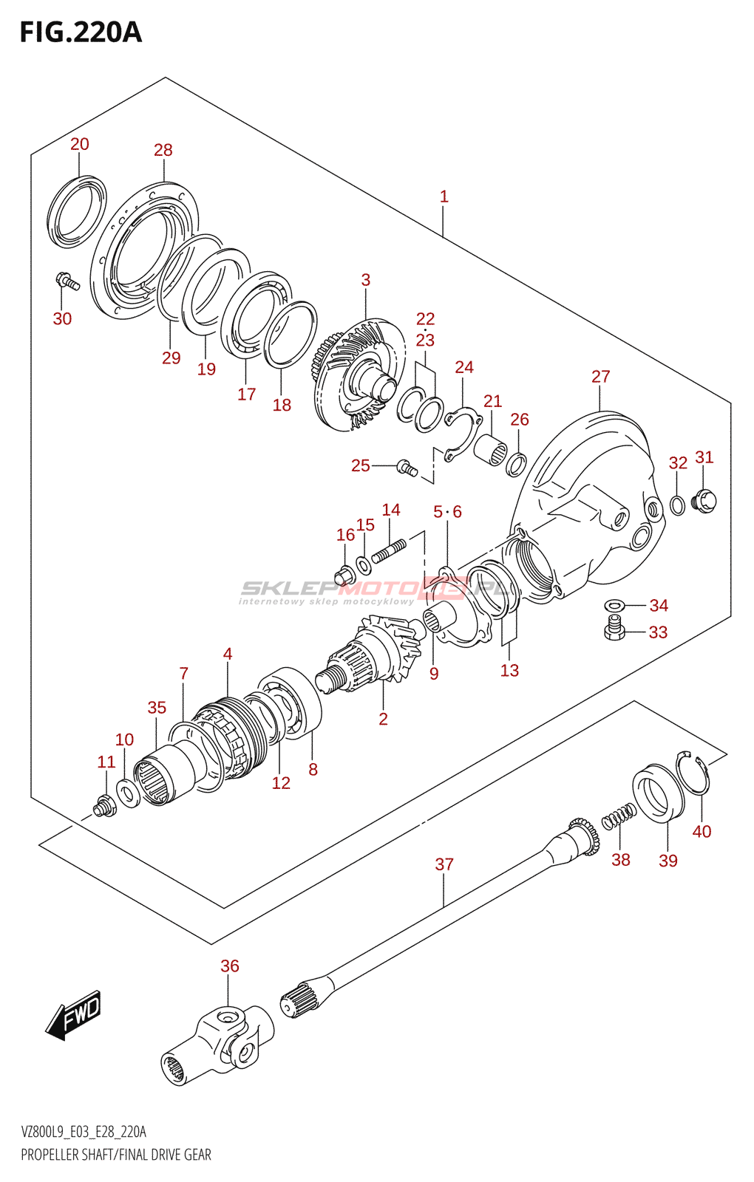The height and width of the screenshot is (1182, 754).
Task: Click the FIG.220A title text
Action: click(x=81, y=33)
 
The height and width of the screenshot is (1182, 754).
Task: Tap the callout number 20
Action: click(x=79, y=144)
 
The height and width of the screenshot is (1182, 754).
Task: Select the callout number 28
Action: click(x=163, y=150)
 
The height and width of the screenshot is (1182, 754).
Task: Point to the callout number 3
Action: click(x=366, y=280)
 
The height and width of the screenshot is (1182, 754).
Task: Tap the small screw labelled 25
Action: click(x=407, y=468)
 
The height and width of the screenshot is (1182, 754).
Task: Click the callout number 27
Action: click(x=601, y=376)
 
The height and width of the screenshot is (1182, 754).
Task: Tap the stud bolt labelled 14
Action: click(x=389, y=550)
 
